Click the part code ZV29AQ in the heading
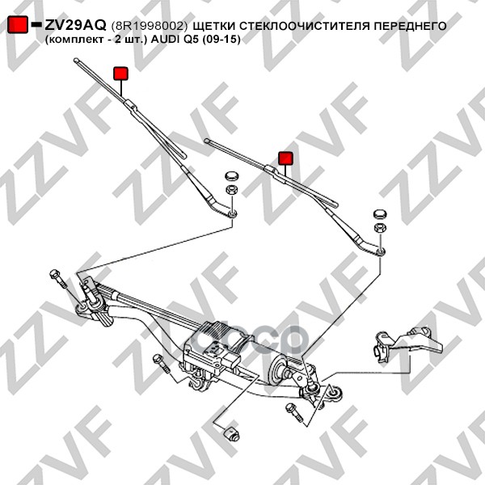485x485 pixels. point(75,25)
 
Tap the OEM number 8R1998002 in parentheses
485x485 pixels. point(150,26)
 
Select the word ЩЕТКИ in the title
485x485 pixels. point(213,26)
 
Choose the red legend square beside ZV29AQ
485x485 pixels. point(18,24)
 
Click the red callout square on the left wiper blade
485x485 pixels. point(120,74)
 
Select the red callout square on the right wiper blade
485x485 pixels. point(286,158)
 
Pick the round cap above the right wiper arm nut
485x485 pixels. point(381,214)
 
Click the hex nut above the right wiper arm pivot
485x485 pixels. point(381,228)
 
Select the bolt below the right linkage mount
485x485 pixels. point(294,412)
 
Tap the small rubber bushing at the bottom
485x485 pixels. point(232,433)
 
